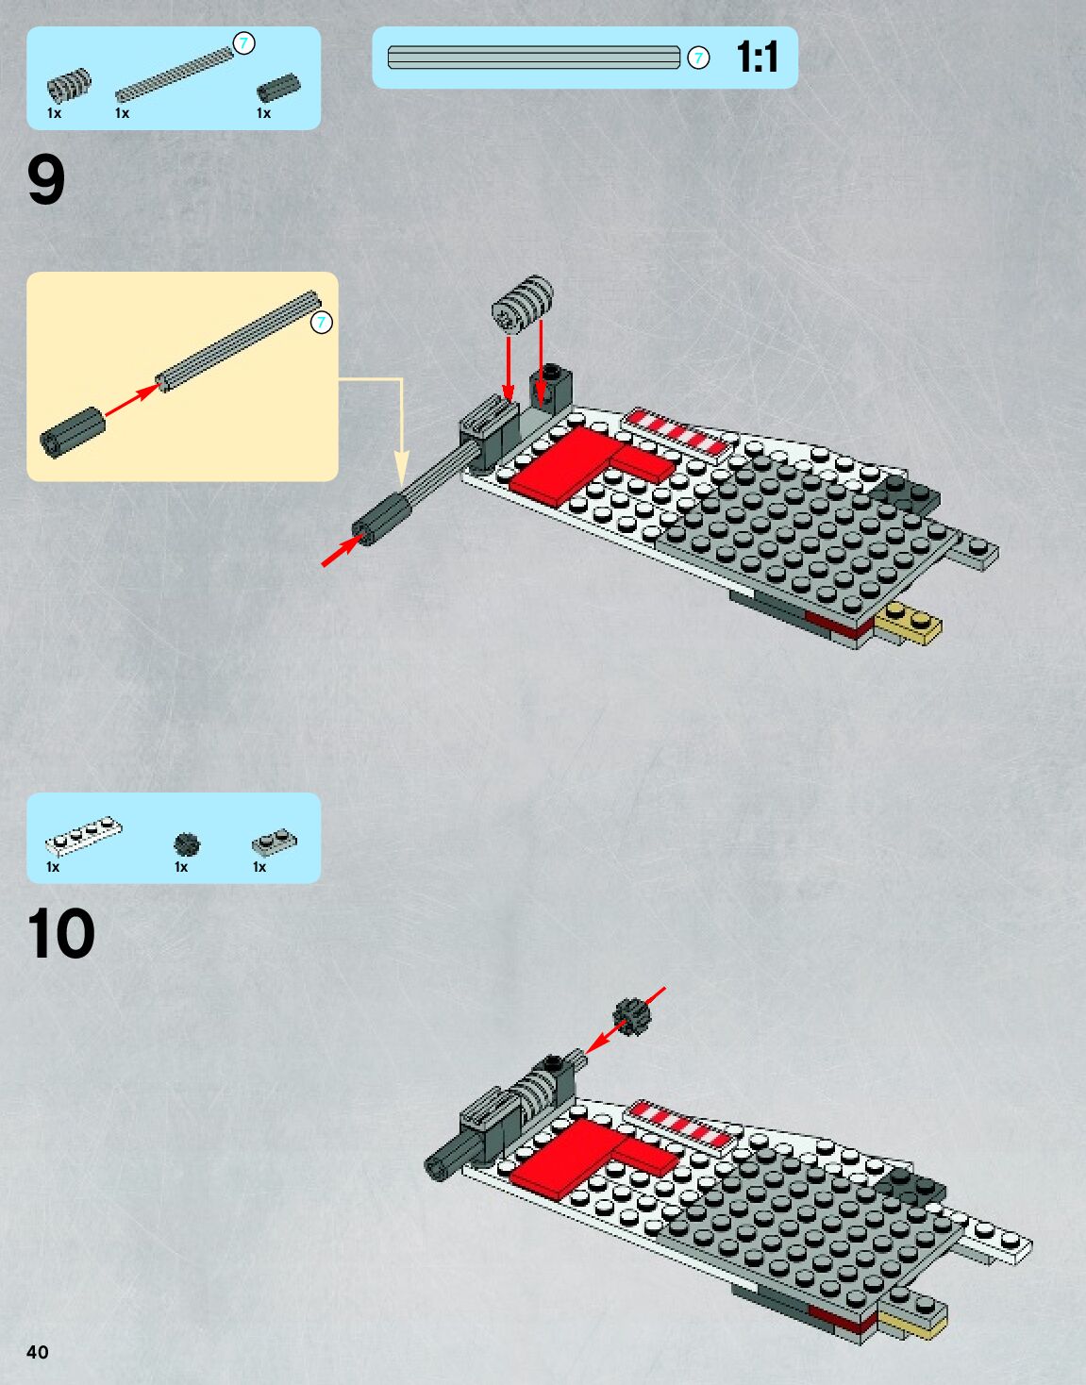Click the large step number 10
tap(61, 934)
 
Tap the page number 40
tap(38, 1352)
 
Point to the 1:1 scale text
tap(757, 58)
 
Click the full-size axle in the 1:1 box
tap(533, 58)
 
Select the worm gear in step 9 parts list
tap(69, 86)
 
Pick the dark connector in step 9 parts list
tap(277, 89)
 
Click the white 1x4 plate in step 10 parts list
tap(84, 834)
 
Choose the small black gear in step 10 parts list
tap(187, 843)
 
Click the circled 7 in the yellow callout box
tap(322, 323)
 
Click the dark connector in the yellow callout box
tap(72, 431)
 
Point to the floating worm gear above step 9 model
tap(523, 303)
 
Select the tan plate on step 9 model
tap(908, 623)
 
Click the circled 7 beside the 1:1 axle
tap(698, 58)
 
